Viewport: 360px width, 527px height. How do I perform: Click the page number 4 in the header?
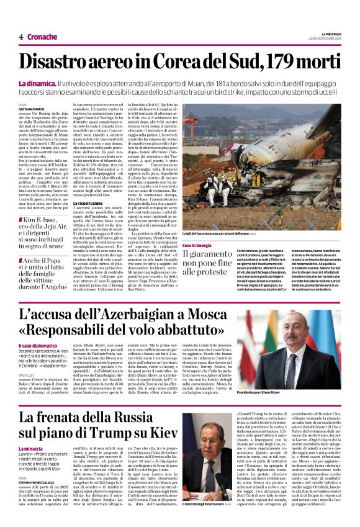click(20, 37)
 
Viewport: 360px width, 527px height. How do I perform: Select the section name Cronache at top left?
click(42, 37)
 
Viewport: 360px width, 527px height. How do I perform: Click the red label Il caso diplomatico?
click(38, 345)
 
